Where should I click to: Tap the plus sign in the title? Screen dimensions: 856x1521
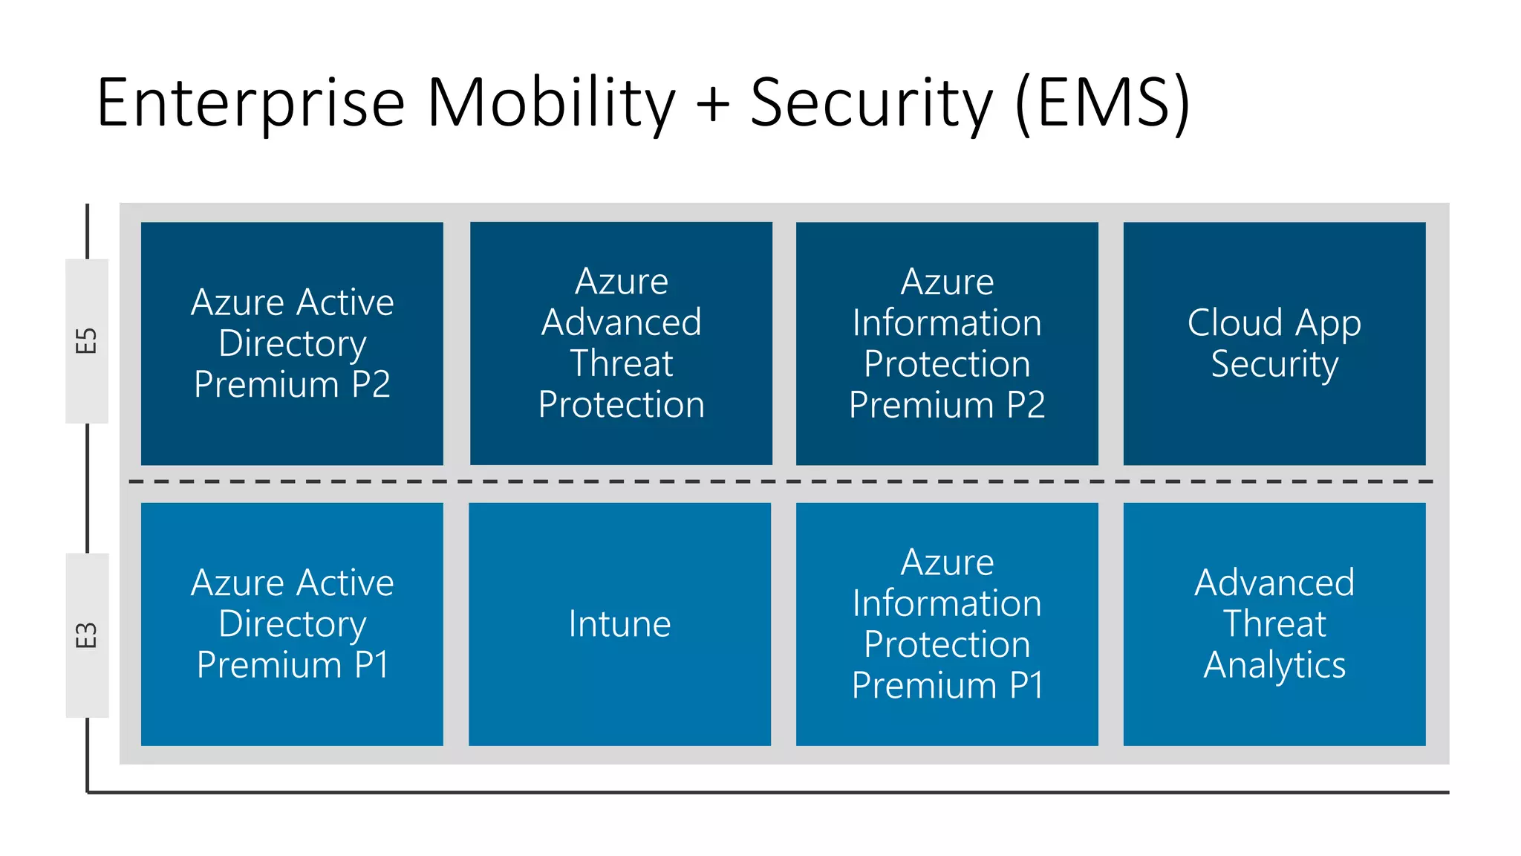pos(713,104)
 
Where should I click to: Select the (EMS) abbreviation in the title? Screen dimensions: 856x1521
pos(1102,104)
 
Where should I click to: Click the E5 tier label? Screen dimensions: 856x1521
pos(87,341)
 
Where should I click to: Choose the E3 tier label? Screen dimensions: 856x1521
pos(87,635)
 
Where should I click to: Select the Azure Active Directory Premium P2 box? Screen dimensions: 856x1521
pos(292,343)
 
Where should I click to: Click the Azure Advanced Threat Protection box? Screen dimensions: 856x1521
pos(621,343)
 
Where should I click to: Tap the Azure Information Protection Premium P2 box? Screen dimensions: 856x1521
pos(947,343)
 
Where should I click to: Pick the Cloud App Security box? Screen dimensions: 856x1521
pos(1274,343)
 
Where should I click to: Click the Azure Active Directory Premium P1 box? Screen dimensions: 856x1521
pos(292,624)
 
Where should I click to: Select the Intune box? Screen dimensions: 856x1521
pos(619,624)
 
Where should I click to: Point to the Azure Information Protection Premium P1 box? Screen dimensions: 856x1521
pos(947,624)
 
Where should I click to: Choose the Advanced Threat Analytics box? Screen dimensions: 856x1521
pos(1274,624)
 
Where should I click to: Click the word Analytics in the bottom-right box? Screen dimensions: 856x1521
pos(1274,666)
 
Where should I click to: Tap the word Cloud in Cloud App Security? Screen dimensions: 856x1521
pos(1234,322)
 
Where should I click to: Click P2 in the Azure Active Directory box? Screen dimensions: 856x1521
pos(371,385)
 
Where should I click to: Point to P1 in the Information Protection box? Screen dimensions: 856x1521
pos(1026,685)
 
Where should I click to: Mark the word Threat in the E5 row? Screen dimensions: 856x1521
pos(621,364)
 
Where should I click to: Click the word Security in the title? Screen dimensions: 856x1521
pos(871,104)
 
